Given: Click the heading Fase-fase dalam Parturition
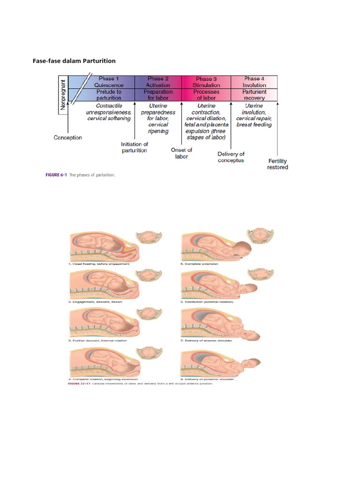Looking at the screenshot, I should [x=74, y=61].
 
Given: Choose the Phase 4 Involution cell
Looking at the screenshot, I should [x=254, y=82].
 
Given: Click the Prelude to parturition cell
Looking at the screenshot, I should [x=108, y=95].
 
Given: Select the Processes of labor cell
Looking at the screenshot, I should [x=206, y=95].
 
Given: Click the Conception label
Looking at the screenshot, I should [x=68, y=138].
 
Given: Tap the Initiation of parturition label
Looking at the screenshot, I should [x=134, y=147].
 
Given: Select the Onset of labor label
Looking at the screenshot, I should [x=181, y=153].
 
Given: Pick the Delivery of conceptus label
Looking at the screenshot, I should [x=231, y=157].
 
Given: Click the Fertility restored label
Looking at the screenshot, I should [x=277, y=164].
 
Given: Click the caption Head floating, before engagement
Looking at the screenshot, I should [x=99, y=264].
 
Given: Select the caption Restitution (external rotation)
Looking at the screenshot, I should [x=207, y=302].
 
